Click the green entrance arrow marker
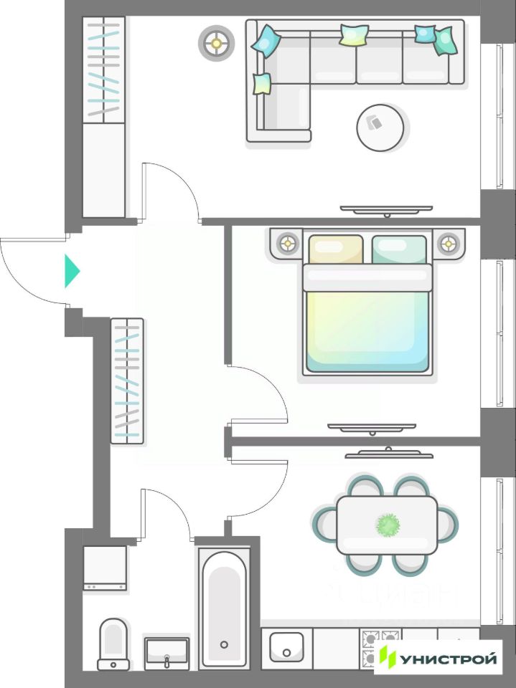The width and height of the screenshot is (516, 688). [72, 271]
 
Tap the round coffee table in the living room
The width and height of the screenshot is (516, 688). [380, 128]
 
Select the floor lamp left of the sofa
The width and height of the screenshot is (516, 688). [216, 43]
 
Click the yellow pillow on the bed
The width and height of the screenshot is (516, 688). [335, 249]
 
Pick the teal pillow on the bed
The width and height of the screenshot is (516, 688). [399, 249]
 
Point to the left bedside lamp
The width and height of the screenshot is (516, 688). [289, 243]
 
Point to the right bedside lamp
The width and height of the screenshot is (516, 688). [449, 243]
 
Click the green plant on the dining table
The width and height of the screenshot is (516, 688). [388, 525]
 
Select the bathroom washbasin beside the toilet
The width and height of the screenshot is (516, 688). [166, 652]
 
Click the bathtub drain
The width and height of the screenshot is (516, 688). [224, 644]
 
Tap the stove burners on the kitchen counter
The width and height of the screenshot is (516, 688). [380, 647]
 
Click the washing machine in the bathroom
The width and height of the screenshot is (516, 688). [105, 568]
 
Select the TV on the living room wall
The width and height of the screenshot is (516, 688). [386, 209]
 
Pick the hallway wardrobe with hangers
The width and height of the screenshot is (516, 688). [127, 381]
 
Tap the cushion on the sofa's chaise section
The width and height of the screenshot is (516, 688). [262, 84]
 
